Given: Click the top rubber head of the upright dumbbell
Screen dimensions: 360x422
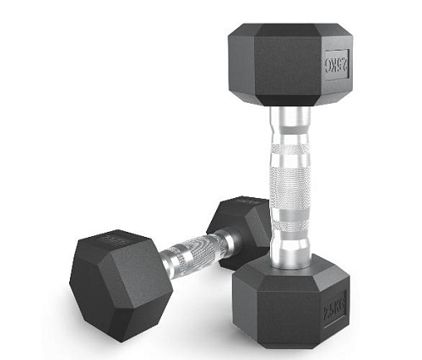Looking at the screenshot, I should [x=287, y=67].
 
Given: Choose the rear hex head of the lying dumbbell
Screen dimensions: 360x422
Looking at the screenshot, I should [x=241, y=228].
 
